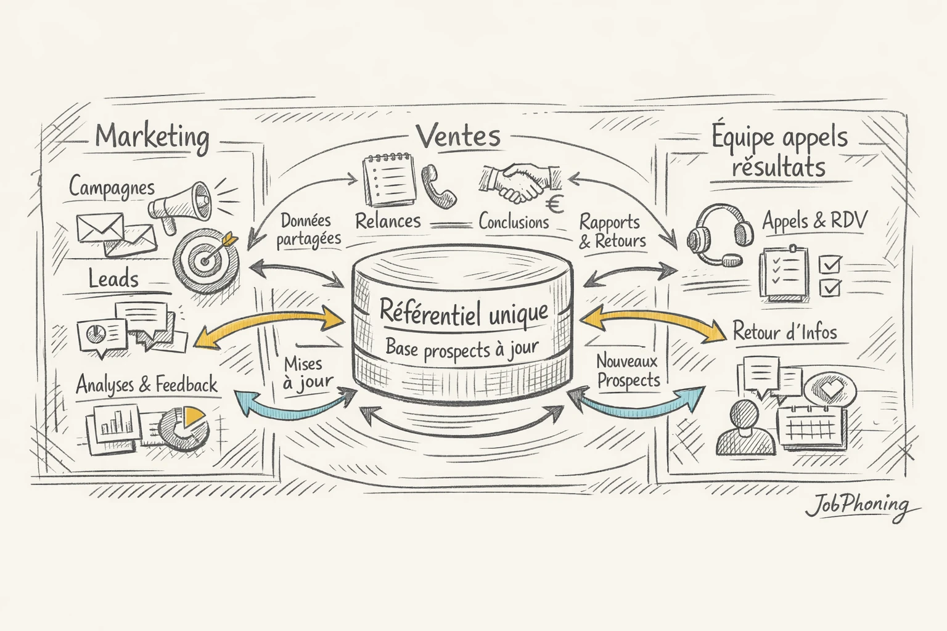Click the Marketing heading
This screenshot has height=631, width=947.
(x=152, y=137)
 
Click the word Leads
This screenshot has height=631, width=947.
(x=113, y=279)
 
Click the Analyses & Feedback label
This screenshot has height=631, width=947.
(x=147, y=385)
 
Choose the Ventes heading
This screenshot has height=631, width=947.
(x=458, y=136)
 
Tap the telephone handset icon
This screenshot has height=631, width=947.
(x=438, y=185)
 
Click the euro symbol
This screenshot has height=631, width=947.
(x=556, y=203)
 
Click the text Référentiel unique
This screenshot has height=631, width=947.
(x=463, y=312)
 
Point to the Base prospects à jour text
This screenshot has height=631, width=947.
(x=462, y=349)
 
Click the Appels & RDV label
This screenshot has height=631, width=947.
(x=814, y=221)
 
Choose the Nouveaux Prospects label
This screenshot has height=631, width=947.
(x=628, y=371)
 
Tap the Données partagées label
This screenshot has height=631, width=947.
(x=308, y=230)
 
